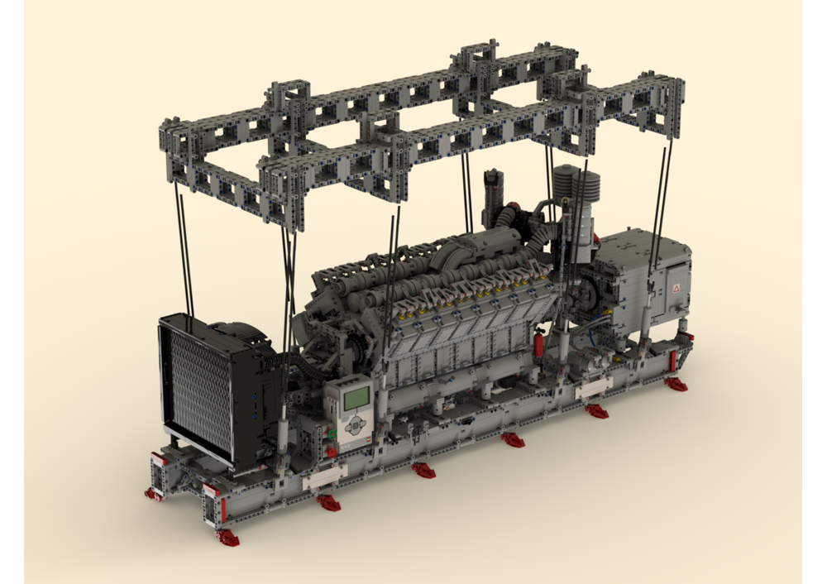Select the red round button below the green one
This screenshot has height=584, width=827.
pyautogui.click(x=332, y=452)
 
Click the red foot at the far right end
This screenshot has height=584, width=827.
pyautogui.click(x=676, y=384)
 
